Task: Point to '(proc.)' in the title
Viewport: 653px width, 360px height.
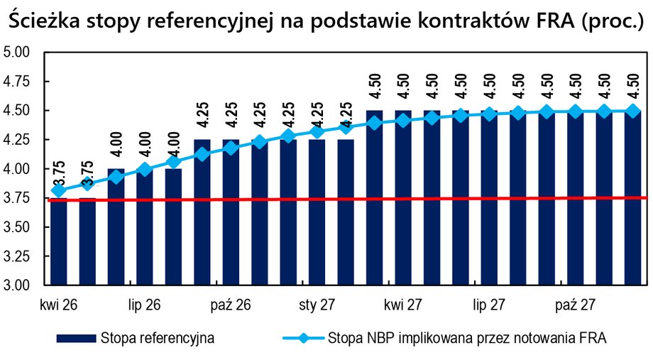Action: coord(610,21)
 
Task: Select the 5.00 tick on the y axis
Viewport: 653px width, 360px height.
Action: coord(18,52)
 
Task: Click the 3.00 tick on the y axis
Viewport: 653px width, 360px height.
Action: coord(18,285)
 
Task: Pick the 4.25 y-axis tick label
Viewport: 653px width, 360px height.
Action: coord(18,140)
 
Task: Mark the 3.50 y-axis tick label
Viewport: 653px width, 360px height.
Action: coord(18,227)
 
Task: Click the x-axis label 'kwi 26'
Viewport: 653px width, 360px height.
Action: coord(58,305)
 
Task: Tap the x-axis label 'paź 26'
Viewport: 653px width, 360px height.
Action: coord(231,305)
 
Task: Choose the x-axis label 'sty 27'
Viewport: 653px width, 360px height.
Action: coord(317,305)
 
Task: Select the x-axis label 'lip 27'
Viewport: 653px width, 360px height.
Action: coord(489,305)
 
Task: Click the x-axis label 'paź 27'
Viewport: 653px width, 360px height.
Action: coord(575,305)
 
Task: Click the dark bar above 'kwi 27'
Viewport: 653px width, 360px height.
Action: coord(403,206)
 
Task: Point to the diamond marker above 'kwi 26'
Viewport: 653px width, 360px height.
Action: coord(58,190)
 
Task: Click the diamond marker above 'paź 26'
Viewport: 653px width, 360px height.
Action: coord(231,148)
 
